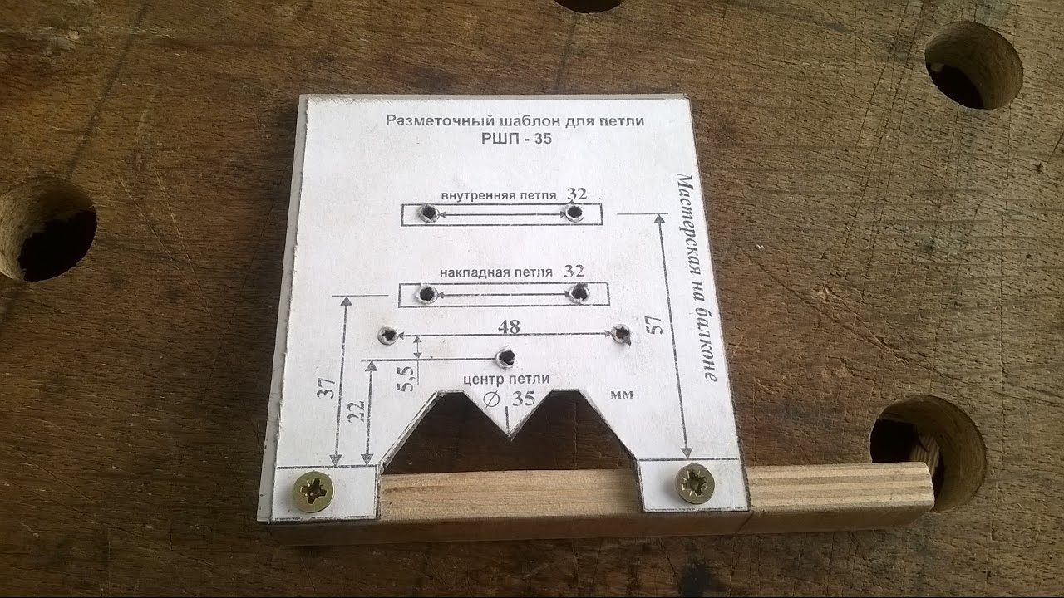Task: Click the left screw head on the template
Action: point(313,491)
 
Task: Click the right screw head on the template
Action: point(695,483)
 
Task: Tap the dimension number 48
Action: point(509,326)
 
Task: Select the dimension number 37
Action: point(327,388)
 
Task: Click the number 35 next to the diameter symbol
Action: point(524,399)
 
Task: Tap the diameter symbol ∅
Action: point(491,399)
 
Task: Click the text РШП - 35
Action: point(516,138)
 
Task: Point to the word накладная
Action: point(472,273)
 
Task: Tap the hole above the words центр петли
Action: point(506,357)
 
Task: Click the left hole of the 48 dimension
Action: point(388,335)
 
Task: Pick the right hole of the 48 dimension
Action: point(621,334)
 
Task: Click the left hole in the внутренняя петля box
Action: point(428,213)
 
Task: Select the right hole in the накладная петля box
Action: point(579,293)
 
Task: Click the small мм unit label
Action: point(622,395)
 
